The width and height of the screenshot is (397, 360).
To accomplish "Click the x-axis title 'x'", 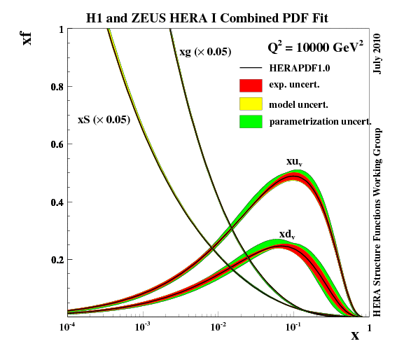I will click(355, 335).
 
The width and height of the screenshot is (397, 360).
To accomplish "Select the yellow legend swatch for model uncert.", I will click(251, 104).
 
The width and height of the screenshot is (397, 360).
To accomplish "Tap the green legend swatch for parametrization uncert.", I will click(251, 122).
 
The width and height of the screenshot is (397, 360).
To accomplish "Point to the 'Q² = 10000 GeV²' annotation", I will click(316, 48).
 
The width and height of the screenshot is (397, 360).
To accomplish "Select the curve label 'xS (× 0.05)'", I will click(103, 120).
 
